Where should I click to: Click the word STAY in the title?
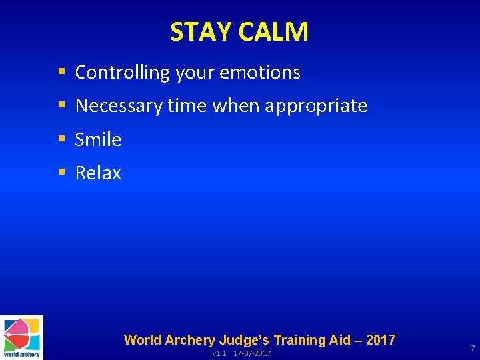[197, 32]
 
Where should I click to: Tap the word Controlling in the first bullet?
[123, 73]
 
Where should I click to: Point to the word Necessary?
[118, 106]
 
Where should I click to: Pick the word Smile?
[98, 139]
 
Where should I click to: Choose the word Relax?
[98, 173]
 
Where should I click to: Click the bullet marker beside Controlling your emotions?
[62, 72]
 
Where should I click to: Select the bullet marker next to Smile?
[62, 139]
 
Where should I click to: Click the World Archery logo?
[21, 337]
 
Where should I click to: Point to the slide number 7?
[472, 349]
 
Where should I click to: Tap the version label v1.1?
[219, 353]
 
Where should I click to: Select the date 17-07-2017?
[252, 353]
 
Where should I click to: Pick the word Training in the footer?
[302, 340]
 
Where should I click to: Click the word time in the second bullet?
[187, 106]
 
